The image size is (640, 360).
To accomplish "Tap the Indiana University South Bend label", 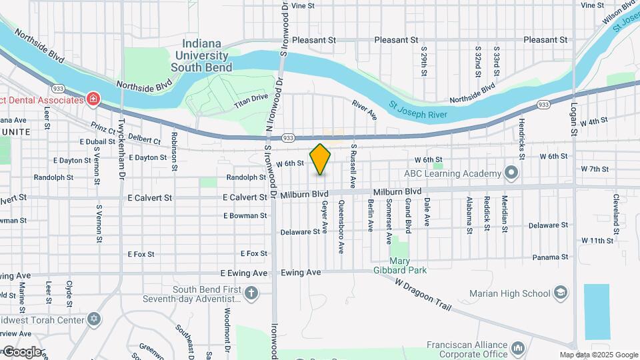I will (201, 55).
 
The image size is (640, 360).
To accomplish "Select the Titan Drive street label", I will (251, 101).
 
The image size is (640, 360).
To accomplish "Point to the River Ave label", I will (364, 110).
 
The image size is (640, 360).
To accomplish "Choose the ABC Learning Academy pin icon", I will (511, 173).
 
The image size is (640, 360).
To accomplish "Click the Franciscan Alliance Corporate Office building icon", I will (517, 347).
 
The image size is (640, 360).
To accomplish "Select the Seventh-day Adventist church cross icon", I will (251, 293).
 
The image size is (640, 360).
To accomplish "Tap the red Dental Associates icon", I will (93, 100).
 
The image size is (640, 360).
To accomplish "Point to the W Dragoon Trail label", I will (424, 295).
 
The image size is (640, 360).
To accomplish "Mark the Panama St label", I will (550, 257).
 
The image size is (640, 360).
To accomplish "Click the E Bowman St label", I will (245, 216).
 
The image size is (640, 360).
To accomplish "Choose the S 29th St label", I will (423, 61).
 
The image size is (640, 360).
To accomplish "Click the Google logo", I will (21, 351).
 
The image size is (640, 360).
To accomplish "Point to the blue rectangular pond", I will (597, 311).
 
